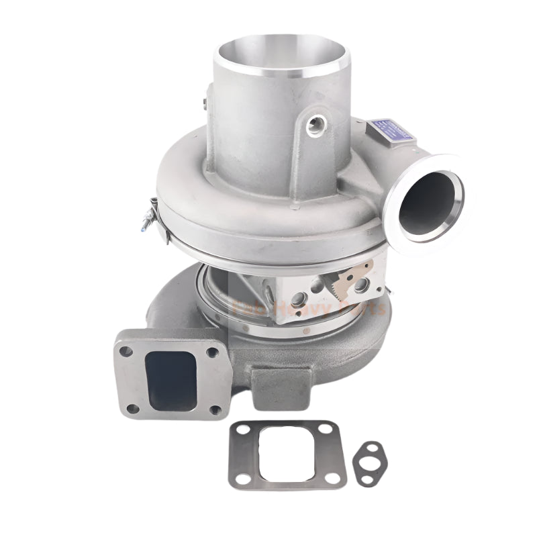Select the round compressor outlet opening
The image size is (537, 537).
pos(430,201)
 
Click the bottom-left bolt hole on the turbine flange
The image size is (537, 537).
pos(133,407)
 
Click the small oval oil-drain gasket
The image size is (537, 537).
pos(371,463)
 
